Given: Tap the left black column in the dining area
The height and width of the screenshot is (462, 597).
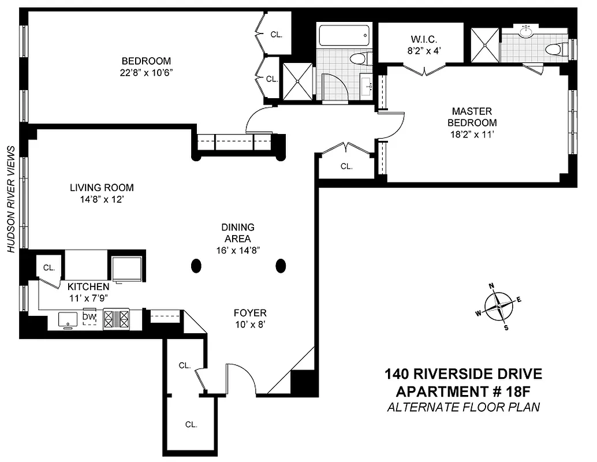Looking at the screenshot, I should (x=196, y=266).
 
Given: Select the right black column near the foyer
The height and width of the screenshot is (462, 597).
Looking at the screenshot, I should (x=281, y=266).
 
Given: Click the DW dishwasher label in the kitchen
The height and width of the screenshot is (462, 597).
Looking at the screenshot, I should (x=88, y=317).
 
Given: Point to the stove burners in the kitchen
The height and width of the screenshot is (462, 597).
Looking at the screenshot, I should (x=118, y=319).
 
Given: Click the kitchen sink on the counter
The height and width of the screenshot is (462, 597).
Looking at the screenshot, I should (x=69, y=319).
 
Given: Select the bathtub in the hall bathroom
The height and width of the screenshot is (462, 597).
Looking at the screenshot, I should (x=344, y=36).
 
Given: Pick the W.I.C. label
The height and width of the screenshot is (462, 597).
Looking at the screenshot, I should (x=424, y=39).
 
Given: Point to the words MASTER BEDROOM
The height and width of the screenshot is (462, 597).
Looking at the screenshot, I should (x=473, y=117).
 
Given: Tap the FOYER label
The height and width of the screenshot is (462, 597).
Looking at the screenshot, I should (x=249, y=313).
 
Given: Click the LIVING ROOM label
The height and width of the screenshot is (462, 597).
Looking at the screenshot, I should (x=102, y=188).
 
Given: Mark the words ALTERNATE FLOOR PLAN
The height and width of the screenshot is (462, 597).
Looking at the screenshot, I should (x=463, y=407).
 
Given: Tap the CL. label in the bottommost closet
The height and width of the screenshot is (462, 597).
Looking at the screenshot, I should (x=191, y=424).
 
